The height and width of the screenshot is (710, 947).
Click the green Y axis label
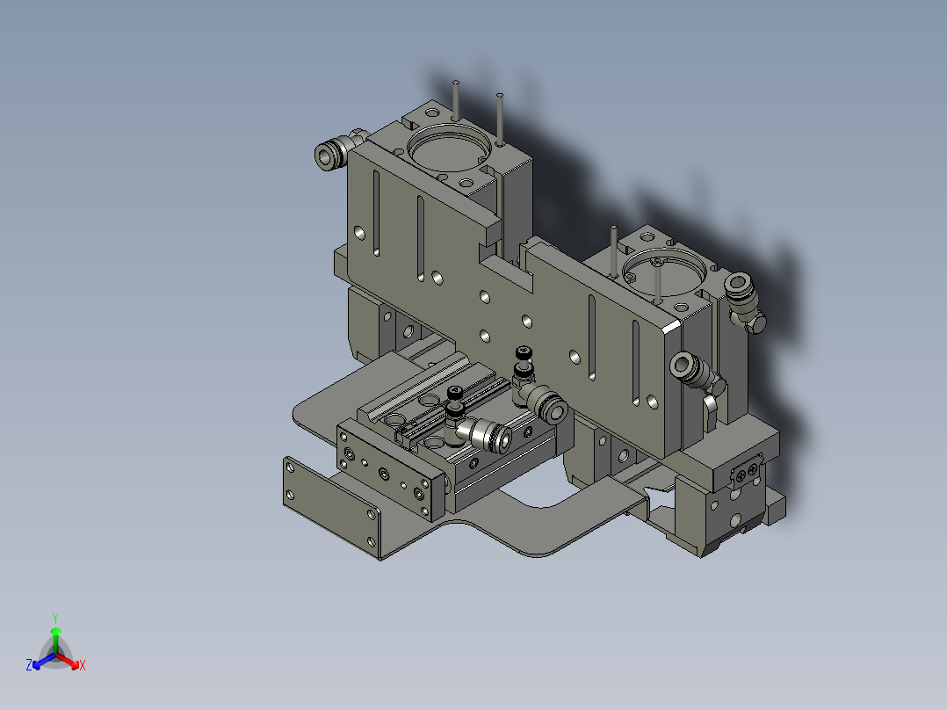[x=54, y=618]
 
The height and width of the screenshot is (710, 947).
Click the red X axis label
[x=82, y=666]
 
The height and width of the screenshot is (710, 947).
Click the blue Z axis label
[x=29, y=666]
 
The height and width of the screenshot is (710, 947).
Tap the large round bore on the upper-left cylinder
[x=449, y=149]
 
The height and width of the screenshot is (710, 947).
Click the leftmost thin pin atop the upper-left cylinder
[x=456, y=98]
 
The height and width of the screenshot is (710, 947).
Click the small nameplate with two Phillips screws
[x=748, y=474]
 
